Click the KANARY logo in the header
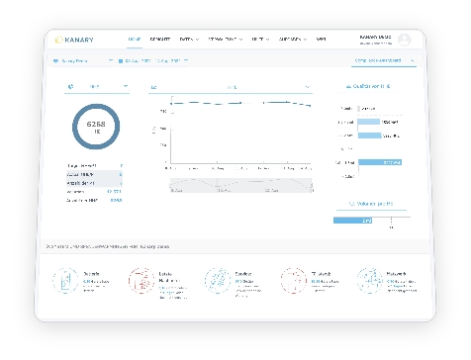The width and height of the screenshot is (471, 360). coord(78,41)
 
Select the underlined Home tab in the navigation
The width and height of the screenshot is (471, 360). coord(134,41)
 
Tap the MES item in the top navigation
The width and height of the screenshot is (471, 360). coord(321,41)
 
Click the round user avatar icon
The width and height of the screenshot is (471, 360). coord(405,40)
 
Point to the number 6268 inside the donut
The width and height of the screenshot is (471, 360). coord(96,125)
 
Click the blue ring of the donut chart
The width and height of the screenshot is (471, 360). coord(96,105)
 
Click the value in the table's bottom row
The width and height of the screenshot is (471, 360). coord(116,200)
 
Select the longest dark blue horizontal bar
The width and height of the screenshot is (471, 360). coord(379,162)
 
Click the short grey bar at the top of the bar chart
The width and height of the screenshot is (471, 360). coord(365,108)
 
